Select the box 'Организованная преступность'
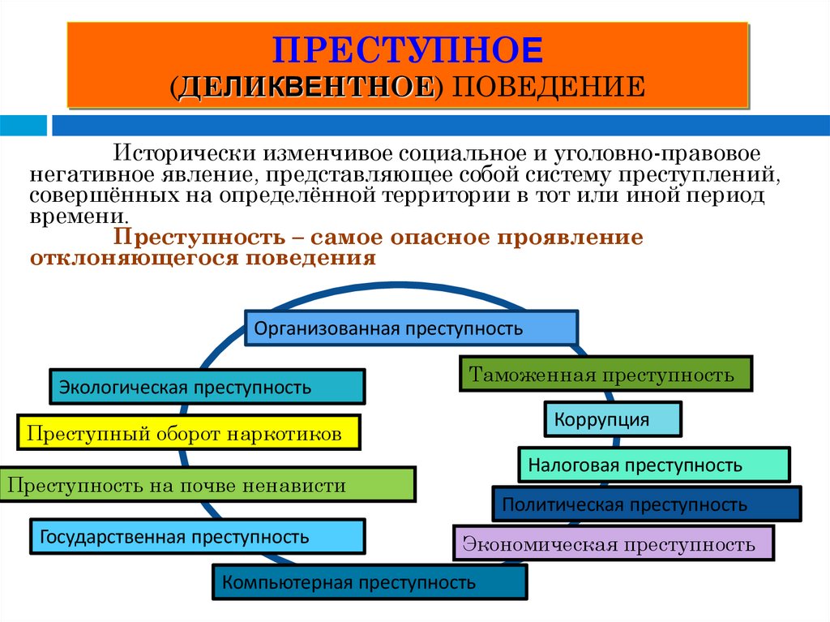pyautogui.click(x=411, y=328)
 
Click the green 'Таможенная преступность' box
pyautogui.click(x=606, y=375)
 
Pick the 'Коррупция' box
pyautogui.click(x=613, y=419)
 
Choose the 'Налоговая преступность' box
pyautogui.click(x=653, y=465)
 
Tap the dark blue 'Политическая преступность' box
pyautogui.click(x=647, y=504)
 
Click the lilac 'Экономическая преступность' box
pyautogui.click(x=614, y=543)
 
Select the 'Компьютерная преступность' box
pyautogui.click(x=370, y=582)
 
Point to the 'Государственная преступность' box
pyautogui.click(x=197, y=537)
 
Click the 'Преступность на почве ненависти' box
pyautogui.click(x=207, y=486)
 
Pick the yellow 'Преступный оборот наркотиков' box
pyautogui.click(x=188, y=434)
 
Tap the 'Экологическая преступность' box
pyautogui.click(x=207, y=387)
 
